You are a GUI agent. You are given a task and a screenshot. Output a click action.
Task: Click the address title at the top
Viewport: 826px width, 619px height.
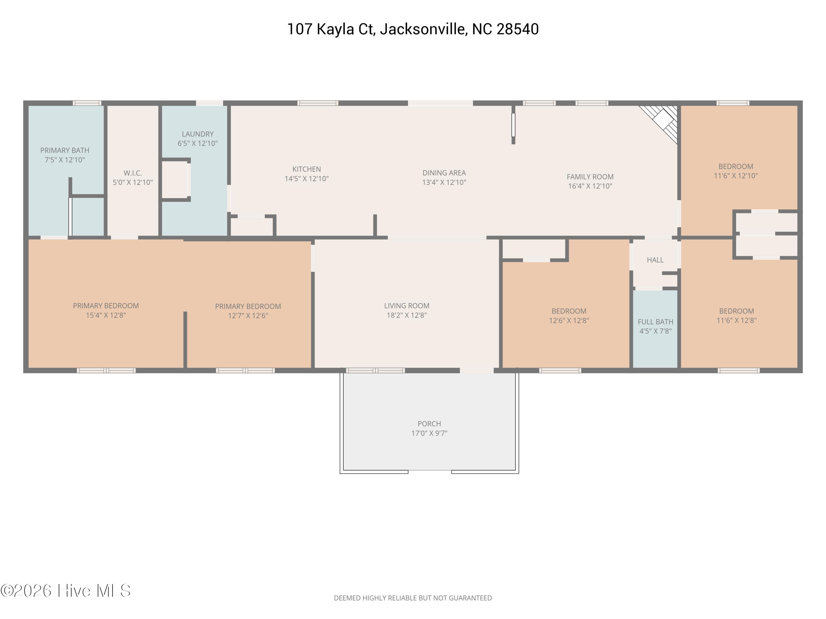click(413, 29)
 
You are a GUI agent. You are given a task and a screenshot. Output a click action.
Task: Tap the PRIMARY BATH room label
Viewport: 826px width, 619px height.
click(65, 150)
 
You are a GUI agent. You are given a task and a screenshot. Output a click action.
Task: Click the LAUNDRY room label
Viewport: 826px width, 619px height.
click(197, 134)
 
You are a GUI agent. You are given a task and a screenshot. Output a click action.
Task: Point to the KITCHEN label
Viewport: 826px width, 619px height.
click(306, 169)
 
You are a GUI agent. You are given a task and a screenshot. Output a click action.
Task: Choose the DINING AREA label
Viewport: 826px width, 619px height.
click(444, 173)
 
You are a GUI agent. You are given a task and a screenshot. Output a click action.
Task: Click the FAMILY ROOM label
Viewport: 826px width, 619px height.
click(590, 177)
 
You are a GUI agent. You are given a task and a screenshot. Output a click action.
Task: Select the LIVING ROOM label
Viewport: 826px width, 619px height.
click(407, 306)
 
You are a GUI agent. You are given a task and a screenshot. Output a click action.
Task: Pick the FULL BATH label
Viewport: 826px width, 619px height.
click(655, 322)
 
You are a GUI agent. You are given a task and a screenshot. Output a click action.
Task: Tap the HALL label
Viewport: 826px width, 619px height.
click(655, 260)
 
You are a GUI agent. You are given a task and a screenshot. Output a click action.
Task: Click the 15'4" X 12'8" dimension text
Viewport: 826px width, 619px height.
click(106, 315)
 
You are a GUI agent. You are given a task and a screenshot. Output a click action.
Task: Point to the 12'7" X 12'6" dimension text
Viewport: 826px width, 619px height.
click(248, 316)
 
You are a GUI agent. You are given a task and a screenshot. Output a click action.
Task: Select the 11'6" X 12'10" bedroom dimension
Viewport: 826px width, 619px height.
click(736, 176)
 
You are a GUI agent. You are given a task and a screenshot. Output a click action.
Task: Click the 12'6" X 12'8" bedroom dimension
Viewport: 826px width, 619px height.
click(569, 321)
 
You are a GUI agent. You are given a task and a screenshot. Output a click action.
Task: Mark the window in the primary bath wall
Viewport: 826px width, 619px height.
click(87, 103)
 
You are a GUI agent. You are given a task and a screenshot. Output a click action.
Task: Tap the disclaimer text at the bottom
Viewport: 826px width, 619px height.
click(413, 598)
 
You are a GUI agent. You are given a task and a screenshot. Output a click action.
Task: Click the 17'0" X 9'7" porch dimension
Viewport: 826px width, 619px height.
click(429, 433)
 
